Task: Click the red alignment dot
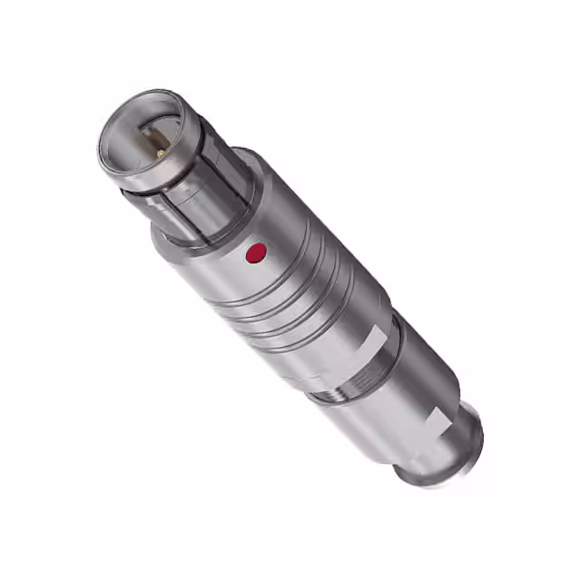(257, 253)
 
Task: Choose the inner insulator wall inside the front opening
(136, 127)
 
